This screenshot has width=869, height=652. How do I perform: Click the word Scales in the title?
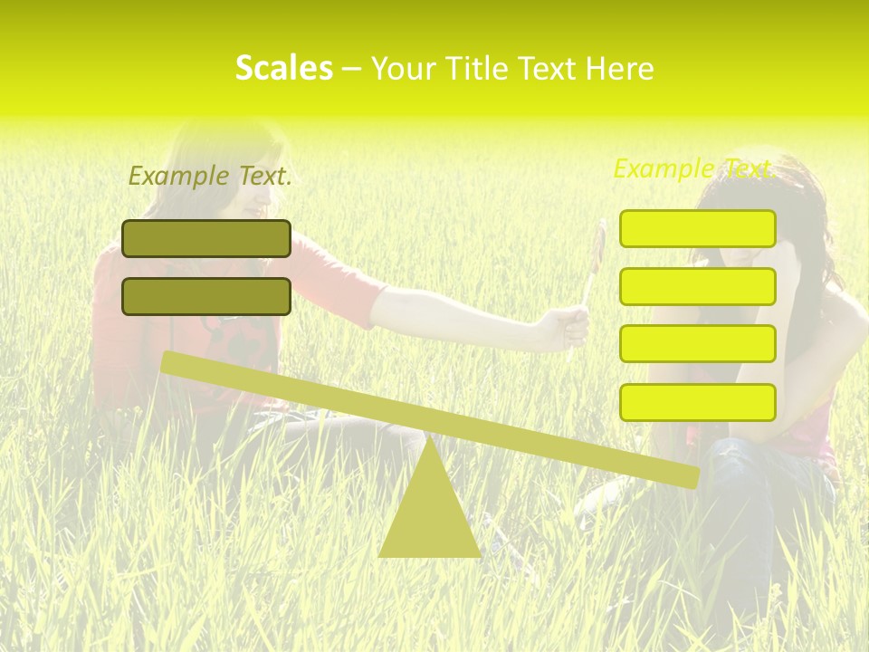click(x=283, y=68)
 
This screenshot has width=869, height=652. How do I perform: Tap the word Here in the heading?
click(x=620, y=69)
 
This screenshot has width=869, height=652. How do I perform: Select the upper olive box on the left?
click(x=206, y=238)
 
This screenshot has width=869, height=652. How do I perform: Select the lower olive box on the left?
click(x=206, y=296)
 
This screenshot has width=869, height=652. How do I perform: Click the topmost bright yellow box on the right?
click(x=697, y=228)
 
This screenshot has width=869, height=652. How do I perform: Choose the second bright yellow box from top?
click(x=697, y=286)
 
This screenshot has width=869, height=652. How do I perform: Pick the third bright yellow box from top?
click(x=697, y=344)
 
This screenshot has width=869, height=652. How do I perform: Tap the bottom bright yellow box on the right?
click(x=697, y=402)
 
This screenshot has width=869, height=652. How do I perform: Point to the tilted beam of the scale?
click(x=429, y=417)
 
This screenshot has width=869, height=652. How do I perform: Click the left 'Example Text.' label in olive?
click(x=210, y=176)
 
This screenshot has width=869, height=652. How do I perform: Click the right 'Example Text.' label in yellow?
click(x=693, y=168)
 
